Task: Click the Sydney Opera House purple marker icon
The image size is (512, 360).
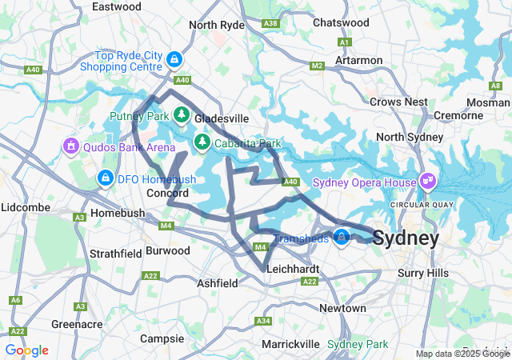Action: [x=427, y=182]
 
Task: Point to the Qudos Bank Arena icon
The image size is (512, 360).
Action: [x=70, y=147]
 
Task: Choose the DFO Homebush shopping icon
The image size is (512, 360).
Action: [x=104, y=178]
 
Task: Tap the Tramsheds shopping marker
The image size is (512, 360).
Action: [x=342, y=238]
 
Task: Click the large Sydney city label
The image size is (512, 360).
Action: [x=406, y=238]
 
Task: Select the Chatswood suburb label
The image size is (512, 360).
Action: [x=342, y=22]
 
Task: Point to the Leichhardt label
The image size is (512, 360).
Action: [x=294, y=269]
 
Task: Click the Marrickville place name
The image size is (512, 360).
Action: [x=291, y=344]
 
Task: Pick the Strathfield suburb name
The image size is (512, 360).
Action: [x=116, y=253]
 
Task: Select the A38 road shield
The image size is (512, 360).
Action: [x=270, y=23]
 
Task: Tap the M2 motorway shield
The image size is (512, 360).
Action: [x=317, y=66]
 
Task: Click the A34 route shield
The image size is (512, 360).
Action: [x=263, y=321]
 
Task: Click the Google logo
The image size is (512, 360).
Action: [x=26, y=350]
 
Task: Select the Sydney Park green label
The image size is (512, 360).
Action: [x=358, y=344]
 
